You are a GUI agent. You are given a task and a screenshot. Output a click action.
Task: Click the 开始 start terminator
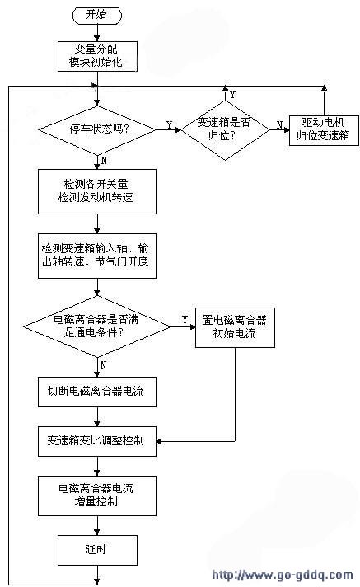click(x=97, y=15)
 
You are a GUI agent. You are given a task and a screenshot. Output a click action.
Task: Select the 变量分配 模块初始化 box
click(x=97, y=56)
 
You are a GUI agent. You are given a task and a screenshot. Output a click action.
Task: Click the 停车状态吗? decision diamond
click(x=97, y=130)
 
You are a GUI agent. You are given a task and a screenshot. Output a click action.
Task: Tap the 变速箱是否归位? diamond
click(x=225, y=130)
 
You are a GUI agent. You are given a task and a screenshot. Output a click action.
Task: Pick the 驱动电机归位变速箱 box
click(x=324, y=130)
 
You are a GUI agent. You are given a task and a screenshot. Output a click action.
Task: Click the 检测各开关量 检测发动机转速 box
click(x=97, y=191)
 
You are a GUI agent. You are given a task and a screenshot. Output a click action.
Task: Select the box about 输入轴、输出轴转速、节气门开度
click(x=97, y=256)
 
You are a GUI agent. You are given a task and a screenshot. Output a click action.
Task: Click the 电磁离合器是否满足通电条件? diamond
click(x=97, y=326)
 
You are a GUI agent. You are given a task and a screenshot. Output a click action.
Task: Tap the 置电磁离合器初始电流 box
click(x=235, y=327)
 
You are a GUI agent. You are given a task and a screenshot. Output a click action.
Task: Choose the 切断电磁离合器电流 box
click(x=97, y=392)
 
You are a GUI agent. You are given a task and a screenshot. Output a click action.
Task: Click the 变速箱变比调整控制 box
click(x=97, y=441)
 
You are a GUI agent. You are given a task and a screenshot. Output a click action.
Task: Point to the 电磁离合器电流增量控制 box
click(x=97, y=495)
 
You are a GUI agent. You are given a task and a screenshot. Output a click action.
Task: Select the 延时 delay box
click(x=97, y=550)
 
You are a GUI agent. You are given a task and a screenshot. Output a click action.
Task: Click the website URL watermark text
click(x=283, y=575)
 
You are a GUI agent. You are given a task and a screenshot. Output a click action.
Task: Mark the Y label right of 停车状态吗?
click(x=169, y=125)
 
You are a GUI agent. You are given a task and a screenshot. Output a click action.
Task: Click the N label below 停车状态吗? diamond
click(x=104, y=160)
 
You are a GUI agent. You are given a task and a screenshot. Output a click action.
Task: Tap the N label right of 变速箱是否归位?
click(x=279, y=125)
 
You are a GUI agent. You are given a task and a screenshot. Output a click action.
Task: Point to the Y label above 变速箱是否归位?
click(x=233, y=94)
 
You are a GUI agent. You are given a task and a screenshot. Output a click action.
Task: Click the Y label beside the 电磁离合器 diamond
click(x=185, y=319)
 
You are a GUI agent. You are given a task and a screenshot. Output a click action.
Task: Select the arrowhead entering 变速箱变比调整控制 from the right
click(x=159, y=441)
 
